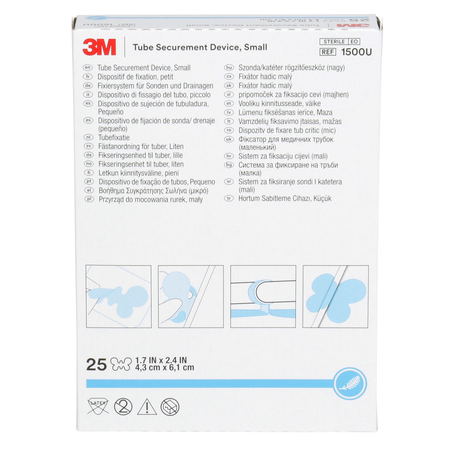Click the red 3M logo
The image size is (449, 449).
tap(99, 47)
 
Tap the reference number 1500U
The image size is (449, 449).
tap(356, 52)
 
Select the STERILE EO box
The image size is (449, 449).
tap(340, 41)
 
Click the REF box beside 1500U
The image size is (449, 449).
tap(328, 52)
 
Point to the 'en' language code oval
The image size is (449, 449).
tap(87, 67)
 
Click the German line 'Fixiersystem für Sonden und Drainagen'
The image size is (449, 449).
tap(155, 86)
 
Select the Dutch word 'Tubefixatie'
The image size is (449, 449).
tap(114, 138)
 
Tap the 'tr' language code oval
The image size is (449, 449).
tap(229, 198)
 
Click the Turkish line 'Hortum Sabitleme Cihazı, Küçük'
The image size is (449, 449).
tap(284, 198)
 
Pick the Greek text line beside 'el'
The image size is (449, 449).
tap(153, 191)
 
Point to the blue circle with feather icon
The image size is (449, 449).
tap(349, 384)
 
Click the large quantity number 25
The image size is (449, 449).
tap(96, 364)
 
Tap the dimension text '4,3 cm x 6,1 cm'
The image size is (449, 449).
tap(164, 368)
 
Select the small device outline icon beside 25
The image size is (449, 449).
tap(121, 364)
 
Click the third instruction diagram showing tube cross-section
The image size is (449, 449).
tap(263, 296)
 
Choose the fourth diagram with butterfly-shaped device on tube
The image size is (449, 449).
tap(335, 296)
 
